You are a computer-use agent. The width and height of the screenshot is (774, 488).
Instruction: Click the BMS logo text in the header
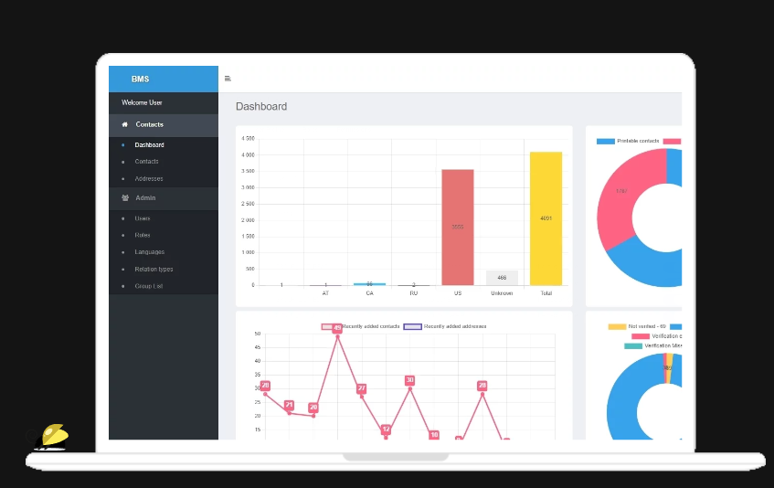coord(140,79)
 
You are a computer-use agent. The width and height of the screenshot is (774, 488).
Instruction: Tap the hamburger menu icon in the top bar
coord(228,79)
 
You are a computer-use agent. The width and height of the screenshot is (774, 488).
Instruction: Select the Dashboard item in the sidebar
coord(149,145)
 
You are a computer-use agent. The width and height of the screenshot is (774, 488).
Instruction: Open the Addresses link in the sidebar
coord(149,178)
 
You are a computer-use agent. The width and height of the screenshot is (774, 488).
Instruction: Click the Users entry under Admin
coord(143,218)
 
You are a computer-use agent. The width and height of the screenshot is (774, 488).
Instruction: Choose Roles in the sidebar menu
coord(143,235)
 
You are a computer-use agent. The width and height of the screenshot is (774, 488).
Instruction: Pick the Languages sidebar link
coord(150,252)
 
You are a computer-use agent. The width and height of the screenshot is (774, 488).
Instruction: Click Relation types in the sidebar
coord(154,269)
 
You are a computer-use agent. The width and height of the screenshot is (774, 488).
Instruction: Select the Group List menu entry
coord(149,286)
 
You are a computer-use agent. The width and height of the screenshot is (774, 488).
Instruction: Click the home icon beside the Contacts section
coord(124,124)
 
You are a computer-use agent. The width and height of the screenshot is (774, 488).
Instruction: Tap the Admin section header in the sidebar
coord(145,197)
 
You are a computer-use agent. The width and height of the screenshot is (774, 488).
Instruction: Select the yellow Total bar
coord(546,218)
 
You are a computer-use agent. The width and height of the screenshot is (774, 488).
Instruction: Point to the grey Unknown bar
coord(502,278)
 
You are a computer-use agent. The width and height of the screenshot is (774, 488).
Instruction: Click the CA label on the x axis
coord(369,293)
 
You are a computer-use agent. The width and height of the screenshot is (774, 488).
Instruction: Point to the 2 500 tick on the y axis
coord(248,204)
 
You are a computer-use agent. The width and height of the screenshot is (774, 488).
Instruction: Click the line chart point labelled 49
coord(337,328)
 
